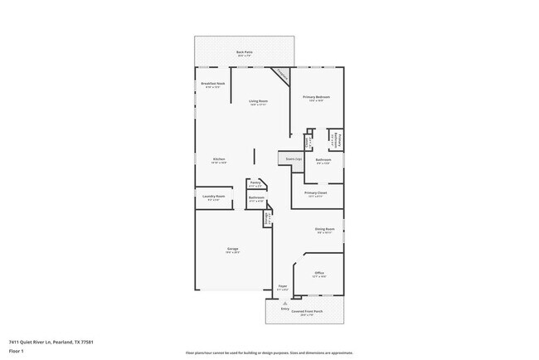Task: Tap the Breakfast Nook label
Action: pyautogui.click(x=212, y=84)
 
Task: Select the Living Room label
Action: pyautogui.click(x=259, y=102)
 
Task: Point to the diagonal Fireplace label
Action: pyautogui.click(x=282, y=75)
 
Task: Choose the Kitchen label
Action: pyautogui.click(x=219, y=160)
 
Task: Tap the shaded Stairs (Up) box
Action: pyautogui.click(x=294, y=158)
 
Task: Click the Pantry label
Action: pyautogui.click(x=255, y=183)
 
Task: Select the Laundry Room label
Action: pyautogui.click(x=213, y=197)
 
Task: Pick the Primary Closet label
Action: pyautogui.click(x=316, y=194)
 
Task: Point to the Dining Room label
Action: pyautogui.click(x=324, y=230)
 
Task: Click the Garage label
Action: pyautogui.click(x=234, y=250)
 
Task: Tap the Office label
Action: pyautogui.click(x=319, y=274)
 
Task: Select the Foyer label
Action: pyautogui.click(x=282, y=287)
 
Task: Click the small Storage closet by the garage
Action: pyautogui.click(x=268, y=218)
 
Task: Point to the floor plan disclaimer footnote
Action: pyautogui.click(x=269, y=353)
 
